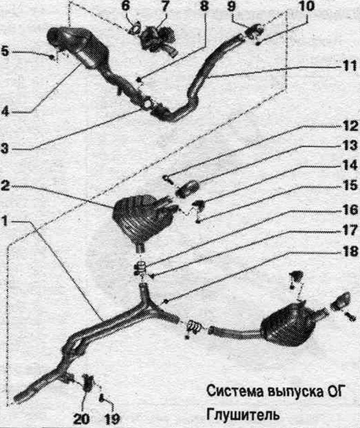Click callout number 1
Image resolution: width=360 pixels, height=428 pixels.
pyautogui.click(x=5, y=221)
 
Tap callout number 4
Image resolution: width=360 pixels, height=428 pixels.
pyautogui.click(x=5, y=111)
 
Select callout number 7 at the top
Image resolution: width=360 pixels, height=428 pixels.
pyautogui.click(x=164, y=5)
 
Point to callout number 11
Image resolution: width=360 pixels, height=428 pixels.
pyautogui.click(x=349, y=66)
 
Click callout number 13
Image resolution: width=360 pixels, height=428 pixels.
pyautogui.click(x=350, y=145)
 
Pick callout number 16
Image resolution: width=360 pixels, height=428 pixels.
pyautogui.click(x=350, y=210)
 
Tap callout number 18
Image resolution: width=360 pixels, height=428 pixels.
pyautogui.click(x=350, y=251)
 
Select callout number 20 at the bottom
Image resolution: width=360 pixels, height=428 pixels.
pyautogui.click(x=81, y=418)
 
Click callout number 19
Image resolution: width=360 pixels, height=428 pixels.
pyautogui.click(x=112, y=418)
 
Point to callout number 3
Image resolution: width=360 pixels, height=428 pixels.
pyautogui.click(x=5, y=149)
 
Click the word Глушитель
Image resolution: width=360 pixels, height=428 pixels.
pyautogui.click(x=243, y=415)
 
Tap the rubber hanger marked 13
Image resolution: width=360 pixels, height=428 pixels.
pyautogui.click(x=187, y=189)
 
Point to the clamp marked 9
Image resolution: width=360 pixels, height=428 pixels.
pyautogui.click(x=254, y=30)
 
